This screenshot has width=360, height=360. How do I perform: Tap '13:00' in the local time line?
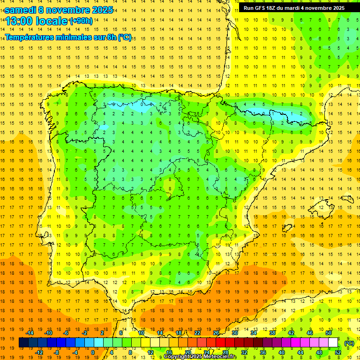coord(19,21)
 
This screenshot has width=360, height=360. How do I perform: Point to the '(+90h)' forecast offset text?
coord(81,21)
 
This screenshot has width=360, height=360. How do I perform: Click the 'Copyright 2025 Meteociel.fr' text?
coord(200,357)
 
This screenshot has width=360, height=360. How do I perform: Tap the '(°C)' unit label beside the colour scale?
coord(349,343)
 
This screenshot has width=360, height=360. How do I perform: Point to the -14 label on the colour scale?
coord(30,333)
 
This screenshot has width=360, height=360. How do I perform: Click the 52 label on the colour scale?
coord(338,352)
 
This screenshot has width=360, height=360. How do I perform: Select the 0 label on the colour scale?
coord(93,352)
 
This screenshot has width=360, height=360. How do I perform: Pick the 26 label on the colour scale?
coord(216,333)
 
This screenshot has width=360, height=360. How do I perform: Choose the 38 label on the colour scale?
coord(272,333)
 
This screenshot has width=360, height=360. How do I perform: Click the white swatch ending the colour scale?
coord(333,343)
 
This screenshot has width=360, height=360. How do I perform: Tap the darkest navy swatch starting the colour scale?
coord(23,343)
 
